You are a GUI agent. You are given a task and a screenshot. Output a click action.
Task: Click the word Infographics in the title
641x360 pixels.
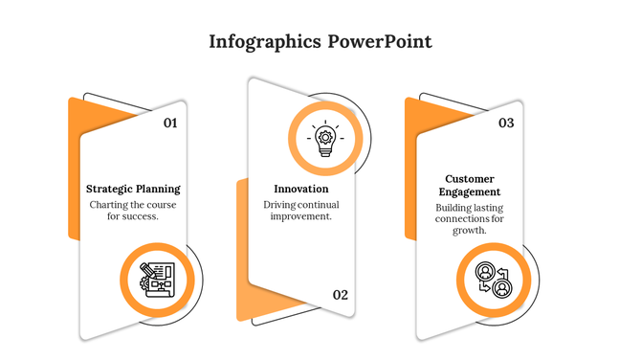(264, 42)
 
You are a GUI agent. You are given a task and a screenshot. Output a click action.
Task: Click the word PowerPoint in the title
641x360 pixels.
(380, 42)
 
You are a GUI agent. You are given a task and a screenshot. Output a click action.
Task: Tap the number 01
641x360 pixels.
(170, 123)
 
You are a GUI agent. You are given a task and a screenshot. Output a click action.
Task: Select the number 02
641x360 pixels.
(341, 295)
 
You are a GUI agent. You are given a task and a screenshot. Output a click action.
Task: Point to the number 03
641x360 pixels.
(506, 123)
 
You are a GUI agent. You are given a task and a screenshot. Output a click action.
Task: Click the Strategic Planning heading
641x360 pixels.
(133, 189)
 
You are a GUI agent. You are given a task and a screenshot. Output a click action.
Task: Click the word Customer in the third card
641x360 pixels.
(469, 179)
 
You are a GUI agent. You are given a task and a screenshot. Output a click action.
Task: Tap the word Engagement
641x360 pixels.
(469, 192)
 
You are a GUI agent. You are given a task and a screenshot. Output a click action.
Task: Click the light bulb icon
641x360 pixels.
(325, 139)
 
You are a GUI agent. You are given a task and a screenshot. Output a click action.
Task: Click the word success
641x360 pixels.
(142, 216)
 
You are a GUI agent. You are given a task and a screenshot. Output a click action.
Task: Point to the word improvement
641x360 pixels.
(300, 216)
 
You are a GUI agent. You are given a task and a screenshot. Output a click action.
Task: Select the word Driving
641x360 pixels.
(280, 204)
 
